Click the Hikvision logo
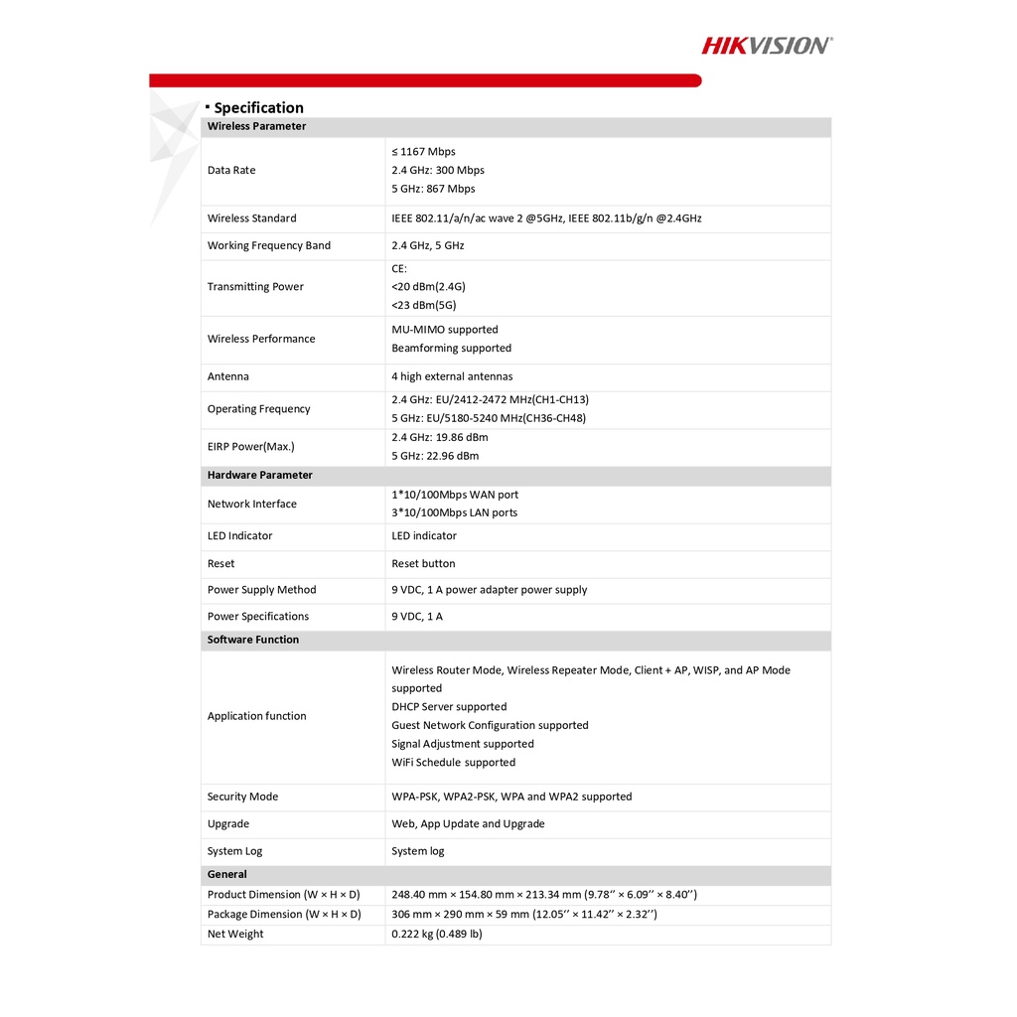click(767, 45)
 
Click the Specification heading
click(258, 107)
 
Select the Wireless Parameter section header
click(256, 126)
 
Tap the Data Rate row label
click(231, 170)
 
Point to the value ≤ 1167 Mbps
click(423, 152)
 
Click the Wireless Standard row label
click(251, 218)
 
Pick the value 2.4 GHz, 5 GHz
click(427, 245)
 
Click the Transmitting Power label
click(255, 287)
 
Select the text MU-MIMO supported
click(445, 330)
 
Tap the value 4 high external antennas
click(452, 376)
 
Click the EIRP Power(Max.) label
click(250, 447)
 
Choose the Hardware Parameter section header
click(259, 475)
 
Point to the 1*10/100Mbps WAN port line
click(455, 495)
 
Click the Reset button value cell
click(423, 563)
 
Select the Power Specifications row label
click(257, 617)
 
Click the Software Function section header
click(252, 640)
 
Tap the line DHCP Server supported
click(449, 707)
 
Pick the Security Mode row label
click(242, 797)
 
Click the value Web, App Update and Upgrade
click(468, 823)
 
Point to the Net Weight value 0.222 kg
click(437, 934)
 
